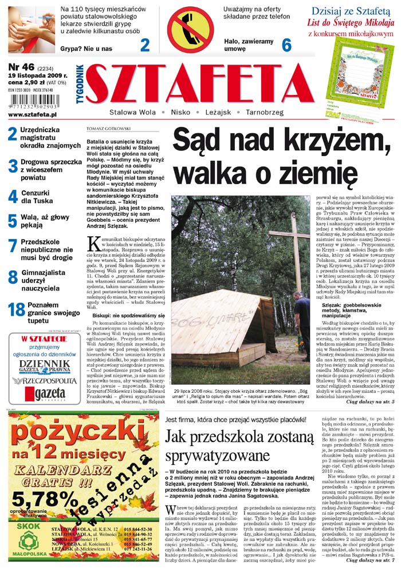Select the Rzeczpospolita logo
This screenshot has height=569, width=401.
coord(44,380)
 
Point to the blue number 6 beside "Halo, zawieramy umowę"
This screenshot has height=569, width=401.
coord(287,45)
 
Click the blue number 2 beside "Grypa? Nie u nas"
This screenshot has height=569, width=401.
coord(145,45)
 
